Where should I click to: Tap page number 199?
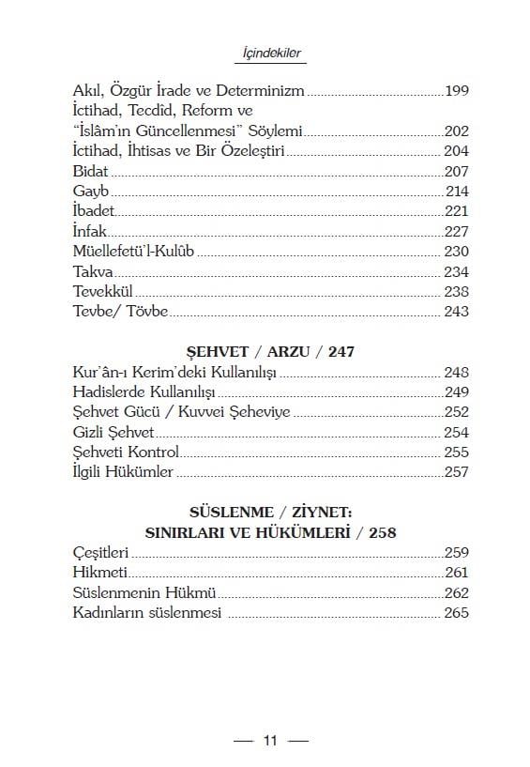pos(456,91)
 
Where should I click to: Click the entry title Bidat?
pos(91,172)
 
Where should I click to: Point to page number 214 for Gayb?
pos(456,192)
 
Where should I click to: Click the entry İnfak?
pos(91,231)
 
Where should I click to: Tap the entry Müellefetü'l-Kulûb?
pos(135,252)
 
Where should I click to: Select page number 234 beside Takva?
pos(456,271)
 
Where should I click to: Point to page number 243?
pos(456,312)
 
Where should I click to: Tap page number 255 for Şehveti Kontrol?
pos(456,452)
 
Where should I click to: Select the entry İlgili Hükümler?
pos(123,472)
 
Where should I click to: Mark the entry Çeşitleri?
pos(100,553)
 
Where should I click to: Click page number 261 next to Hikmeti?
pos(456,573)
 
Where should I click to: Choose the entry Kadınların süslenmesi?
pos(147,613)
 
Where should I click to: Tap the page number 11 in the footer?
pos(270,741)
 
